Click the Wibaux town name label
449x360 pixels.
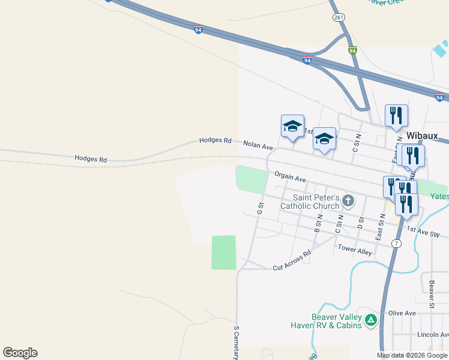click(x=425, y=136)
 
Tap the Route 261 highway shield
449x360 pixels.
click(x=339, y=18)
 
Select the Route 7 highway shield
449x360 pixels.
click(x=396, y=243)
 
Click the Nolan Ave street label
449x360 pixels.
click(x=258, y=145)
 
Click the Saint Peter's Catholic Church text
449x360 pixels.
click(x=316, y=202)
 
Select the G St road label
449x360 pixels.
click(x=260, y=208)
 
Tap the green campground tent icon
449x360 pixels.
click(x=371, y=320)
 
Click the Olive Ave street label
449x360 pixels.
click(x=402, y=313)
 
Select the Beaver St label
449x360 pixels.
click(x=431, y=290)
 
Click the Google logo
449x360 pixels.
click(x=20, y=353)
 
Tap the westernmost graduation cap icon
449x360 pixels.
click(x=292, y=126)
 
